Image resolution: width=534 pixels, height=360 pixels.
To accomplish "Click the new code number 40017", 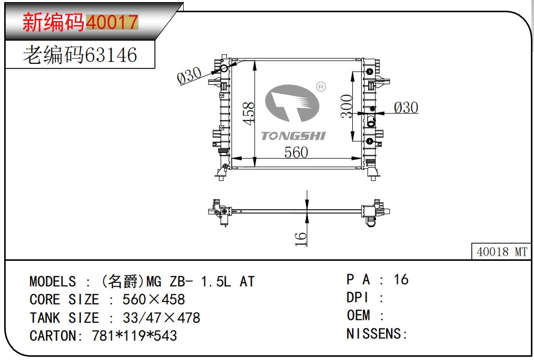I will [x=112, y=22].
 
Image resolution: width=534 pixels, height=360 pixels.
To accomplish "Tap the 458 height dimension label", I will [x=249, y=113].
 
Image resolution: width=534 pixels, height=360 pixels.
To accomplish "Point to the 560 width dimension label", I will [x=296, y=152].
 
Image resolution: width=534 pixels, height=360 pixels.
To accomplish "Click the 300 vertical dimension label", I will [x=347, y=106].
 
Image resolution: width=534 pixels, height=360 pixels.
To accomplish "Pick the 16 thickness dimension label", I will [x=301, y=238].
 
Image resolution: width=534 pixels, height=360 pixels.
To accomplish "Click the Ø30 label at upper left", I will [x=190, y=76].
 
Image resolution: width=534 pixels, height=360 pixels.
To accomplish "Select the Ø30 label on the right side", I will [x=406, y=108].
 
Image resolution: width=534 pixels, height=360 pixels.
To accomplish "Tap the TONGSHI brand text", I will [x=293, y=136].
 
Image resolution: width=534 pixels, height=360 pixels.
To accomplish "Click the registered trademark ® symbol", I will [x=321, y=86].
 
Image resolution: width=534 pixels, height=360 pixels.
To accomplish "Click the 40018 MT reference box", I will [x=501, y=252].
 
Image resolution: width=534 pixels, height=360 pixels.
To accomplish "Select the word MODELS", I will [x=52, y=281].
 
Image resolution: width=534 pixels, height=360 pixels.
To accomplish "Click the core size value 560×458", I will [x=154, y=300].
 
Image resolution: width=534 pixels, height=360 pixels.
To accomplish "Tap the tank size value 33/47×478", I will [x=161, y=318].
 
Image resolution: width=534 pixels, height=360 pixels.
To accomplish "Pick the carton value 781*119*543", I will [x=134, y=336].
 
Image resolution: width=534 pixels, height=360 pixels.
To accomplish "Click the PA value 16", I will [x=401, y=279].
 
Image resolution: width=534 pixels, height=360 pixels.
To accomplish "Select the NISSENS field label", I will [x=376, y=334].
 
